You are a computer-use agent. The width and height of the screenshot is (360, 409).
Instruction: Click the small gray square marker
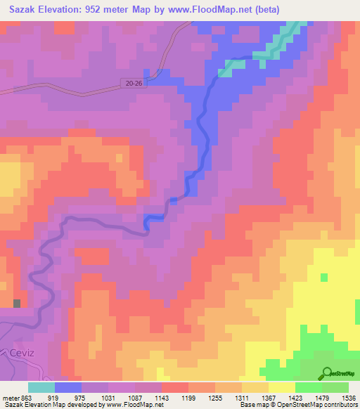click(x=17, y=304)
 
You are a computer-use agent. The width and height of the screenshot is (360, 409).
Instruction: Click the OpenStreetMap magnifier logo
click(x=326, y=373)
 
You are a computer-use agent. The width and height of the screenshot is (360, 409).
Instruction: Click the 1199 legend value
click(x=189, y=398)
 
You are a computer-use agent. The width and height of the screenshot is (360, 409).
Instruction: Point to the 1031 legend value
click(x=109, y=398)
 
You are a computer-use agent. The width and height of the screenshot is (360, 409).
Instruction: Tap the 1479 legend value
click(x=323, y=398)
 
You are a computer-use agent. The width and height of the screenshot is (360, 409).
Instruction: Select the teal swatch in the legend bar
click(x=41, y=387)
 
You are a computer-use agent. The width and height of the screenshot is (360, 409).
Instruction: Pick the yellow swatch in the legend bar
click(x=281, y=387)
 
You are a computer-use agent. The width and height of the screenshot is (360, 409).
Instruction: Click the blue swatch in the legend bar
click(x=68, y=387)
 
